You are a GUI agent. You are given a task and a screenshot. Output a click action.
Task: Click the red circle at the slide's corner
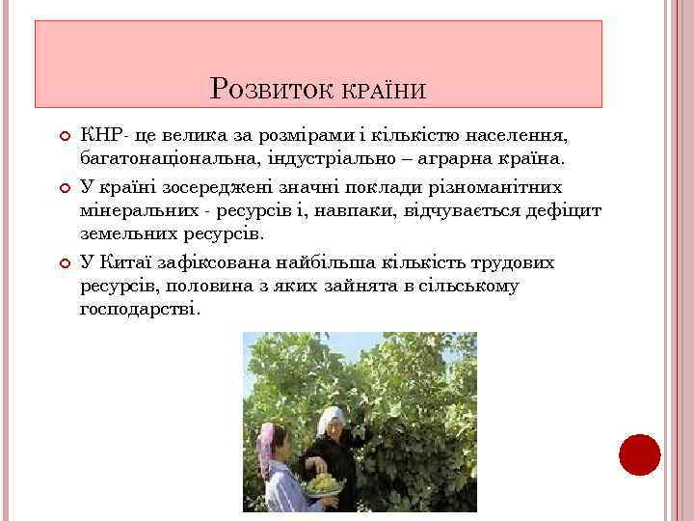click(639, 454)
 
